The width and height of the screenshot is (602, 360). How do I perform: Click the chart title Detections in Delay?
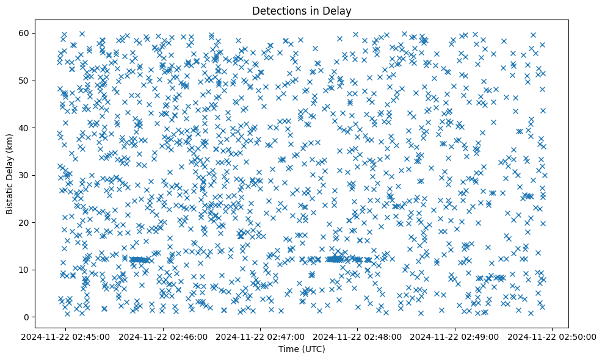pyautogui.click(x=302, y=11)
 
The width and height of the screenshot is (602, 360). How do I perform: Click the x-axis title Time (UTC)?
pyautogui.click(x=302, y=349)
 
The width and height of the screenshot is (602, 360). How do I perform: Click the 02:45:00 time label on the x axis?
pyautogui.click(x=67, y=336)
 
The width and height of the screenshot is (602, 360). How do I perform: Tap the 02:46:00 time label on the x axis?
pyautogui.click(x=164, y=336)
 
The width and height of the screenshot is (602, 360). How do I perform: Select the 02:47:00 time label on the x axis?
pyautogui.click(x=261, y=336)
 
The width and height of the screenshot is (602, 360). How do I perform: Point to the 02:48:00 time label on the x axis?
pyautogui.click(x=358, y=336)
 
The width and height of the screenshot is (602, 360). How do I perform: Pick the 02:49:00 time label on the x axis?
pyautogui.click(x=455, y=336)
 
